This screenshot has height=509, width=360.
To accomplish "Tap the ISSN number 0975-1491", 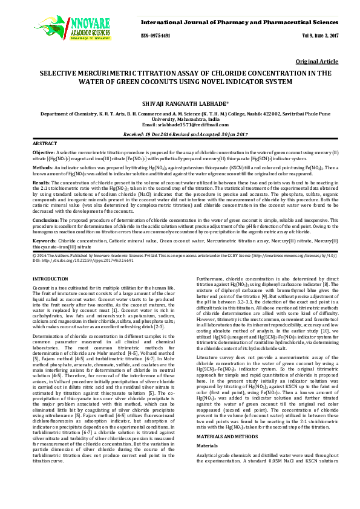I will (155, 36).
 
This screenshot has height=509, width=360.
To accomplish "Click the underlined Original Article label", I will (316, 62).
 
